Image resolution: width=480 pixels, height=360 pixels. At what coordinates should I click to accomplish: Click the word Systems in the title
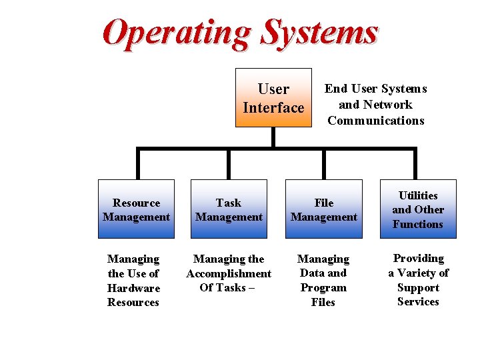(319, 32)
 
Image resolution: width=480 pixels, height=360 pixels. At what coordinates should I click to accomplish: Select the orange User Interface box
(273, 97)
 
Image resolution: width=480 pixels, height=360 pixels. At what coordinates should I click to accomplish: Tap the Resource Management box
(136, 209)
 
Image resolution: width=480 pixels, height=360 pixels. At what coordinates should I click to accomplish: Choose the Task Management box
(229, 209)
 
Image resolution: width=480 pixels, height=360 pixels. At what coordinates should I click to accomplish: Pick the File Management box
(324, 209)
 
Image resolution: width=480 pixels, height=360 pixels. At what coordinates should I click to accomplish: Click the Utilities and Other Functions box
(418, 209)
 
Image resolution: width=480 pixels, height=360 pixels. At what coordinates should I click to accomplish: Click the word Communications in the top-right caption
(376, 121)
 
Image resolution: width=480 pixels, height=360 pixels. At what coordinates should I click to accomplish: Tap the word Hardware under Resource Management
(133, 288)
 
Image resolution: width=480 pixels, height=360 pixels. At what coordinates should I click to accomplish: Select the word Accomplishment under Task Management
(229, 273)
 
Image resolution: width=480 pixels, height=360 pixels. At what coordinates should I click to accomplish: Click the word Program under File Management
(323, 288)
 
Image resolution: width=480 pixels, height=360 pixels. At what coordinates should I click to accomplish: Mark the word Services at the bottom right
(418, 302)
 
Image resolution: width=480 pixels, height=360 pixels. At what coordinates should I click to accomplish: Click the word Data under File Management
(314, 273)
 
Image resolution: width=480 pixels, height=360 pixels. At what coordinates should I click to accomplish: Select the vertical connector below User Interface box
(273, 137)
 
